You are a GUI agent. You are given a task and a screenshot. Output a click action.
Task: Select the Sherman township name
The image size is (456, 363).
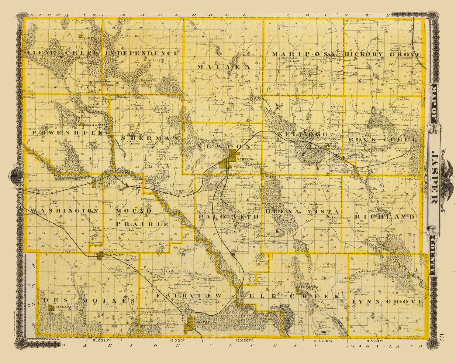(x=150, y=138)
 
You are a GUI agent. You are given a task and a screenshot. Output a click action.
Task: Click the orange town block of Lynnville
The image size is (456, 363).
(x=409, y=276)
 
